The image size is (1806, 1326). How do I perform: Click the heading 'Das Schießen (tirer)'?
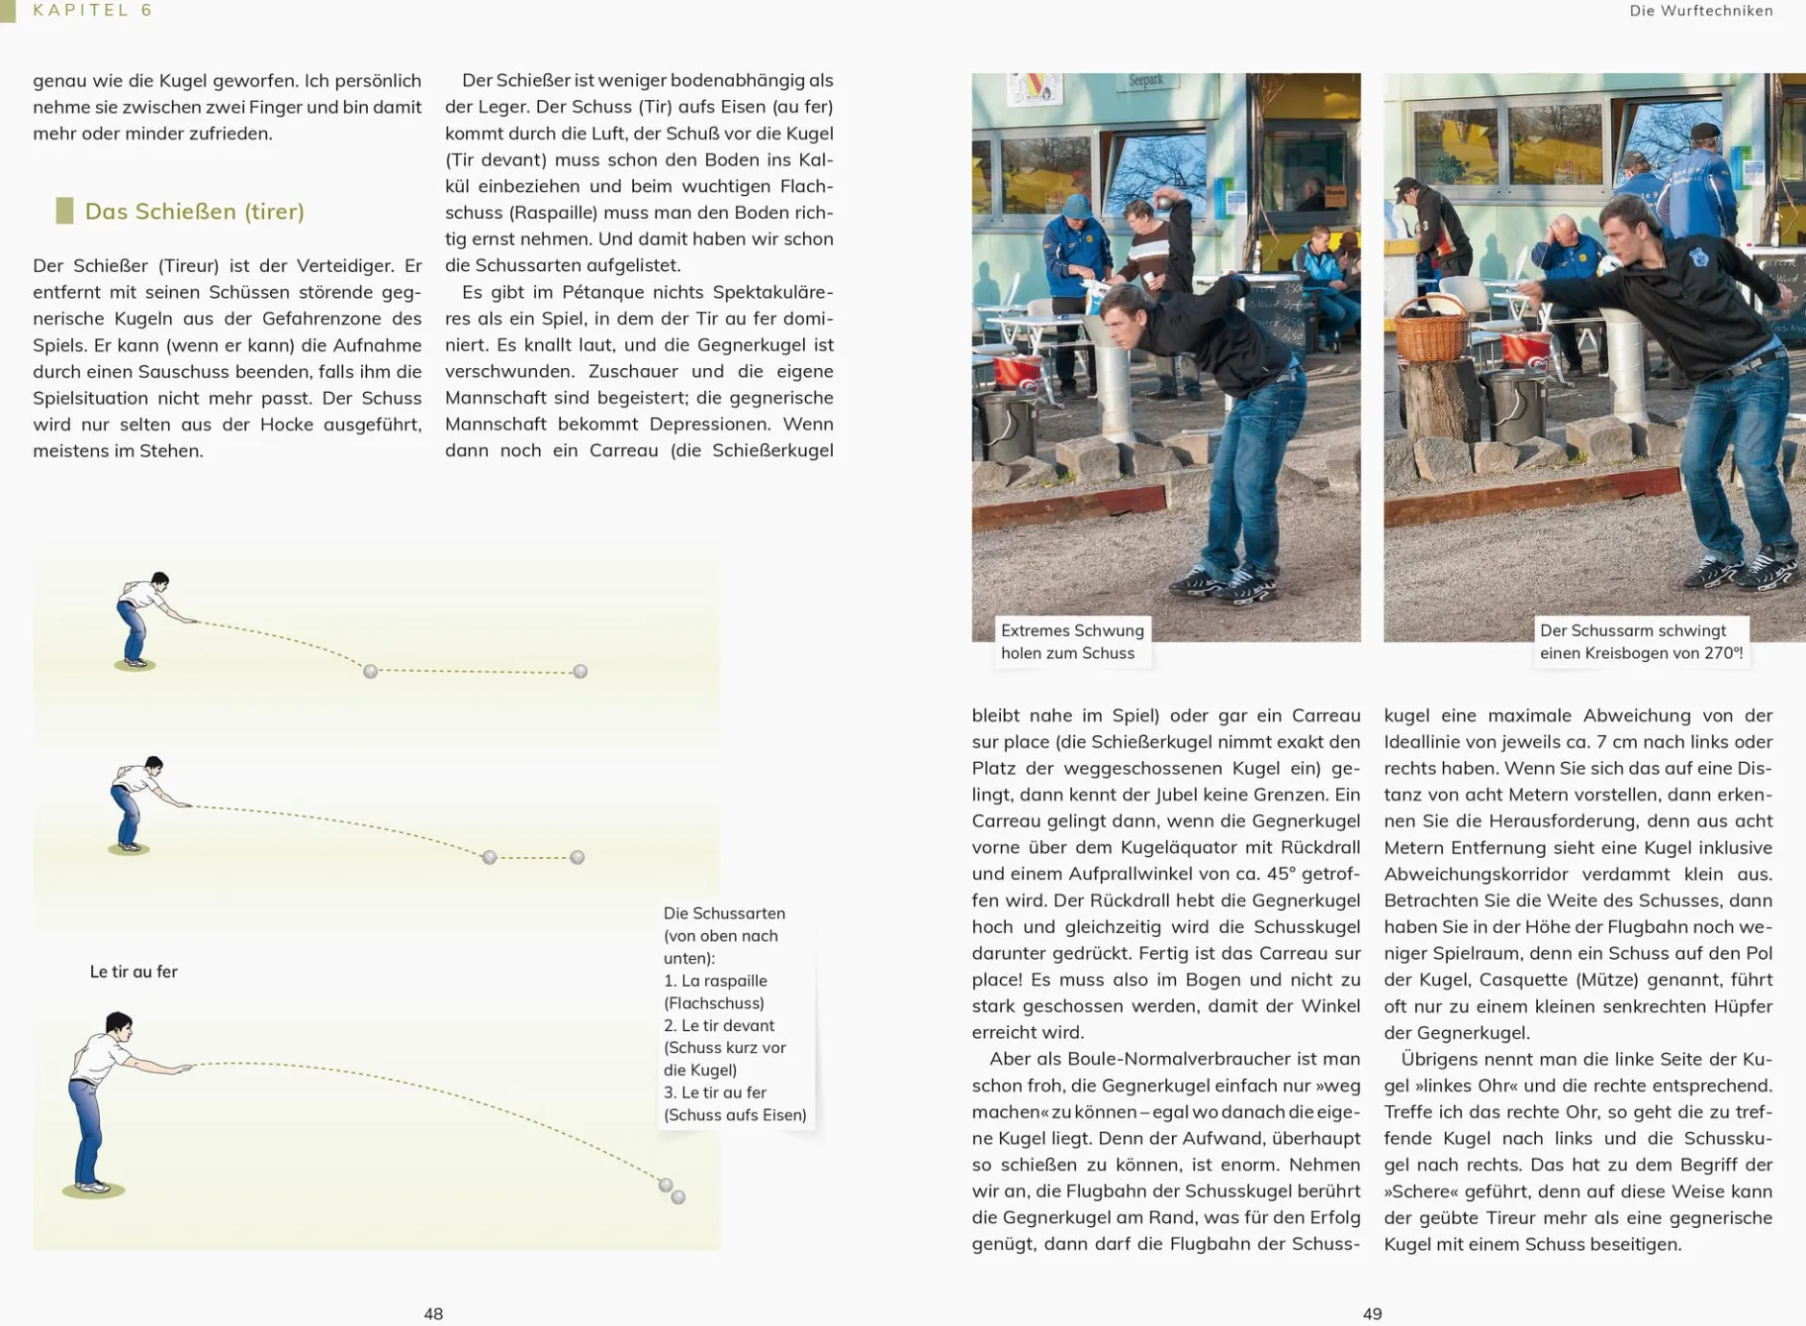point(194,211)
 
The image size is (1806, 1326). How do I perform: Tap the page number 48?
point(433,1314)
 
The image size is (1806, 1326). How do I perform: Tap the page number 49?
point(1372,1314)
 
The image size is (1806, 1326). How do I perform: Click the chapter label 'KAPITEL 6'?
point(92,11)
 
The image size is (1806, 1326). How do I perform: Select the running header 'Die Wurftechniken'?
point(1700,11)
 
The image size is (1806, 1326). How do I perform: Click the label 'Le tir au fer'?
point(134,971)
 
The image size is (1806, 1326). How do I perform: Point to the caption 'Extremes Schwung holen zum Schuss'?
point(1072,642)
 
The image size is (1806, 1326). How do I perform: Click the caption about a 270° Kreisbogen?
point(1640,642)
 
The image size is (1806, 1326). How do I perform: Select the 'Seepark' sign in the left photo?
point(1145,82)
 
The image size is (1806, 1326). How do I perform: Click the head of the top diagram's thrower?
point(159,581)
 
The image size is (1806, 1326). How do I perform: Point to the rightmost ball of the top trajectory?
point(580,672)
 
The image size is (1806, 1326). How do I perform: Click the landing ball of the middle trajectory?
point(490,857)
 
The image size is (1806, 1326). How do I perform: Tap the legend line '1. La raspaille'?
point(715,981)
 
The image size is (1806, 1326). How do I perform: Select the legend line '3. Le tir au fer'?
point(715,1093)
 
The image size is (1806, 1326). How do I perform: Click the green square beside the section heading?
point(64,211)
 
